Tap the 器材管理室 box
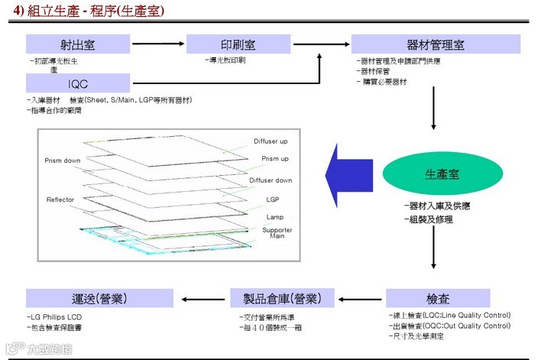[x=436, y=44]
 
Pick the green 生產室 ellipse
[x=435, y=174]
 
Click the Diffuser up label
[x=272, y=141]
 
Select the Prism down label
[x=63, y=160]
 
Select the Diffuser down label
[x=270, y=180]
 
